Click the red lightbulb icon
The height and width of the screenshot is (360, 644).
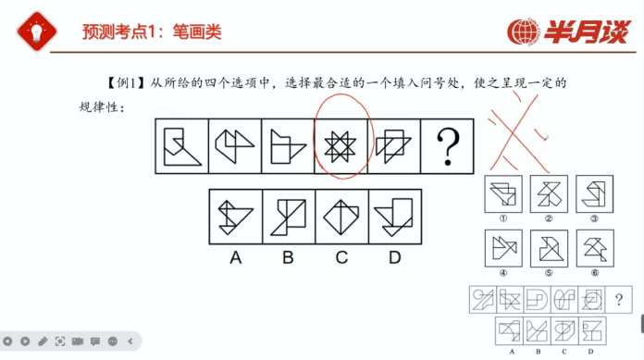[x=37, y=31]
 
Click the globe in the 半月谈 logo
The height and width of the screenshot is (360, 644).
[x=522, y=31]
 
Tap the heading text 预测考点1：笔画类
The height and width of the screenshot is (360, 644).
[x=152, y=31]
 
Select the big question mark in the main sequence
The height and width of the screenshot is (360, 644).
[x=447, y=147]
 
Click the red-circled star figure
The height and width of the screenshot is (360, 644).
[x=341, y=147]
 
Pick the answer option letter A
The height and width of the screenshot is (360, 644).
[x=235, y=257]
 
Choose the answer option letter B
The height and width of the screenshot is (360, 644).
[x=288, y=257]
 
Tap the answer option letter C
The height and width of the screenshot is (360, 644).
[x=341, y=257]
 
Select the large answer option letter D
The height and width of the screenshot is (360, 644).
[x=395, y=257]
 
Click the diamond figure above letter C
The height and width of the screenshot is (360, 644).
[x=341, y=217]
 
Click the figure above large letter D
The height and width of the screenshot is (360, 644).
[x=393, y=217]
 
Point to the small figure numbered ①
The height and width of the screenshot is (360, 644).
[x=503, y=194]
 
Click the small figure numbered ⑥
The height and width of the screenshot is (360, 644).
[x=595, y=248]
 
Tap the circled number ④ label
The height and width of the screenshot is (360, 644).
[x=503, y=273]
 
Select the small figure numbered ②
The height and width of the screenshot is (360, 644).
[x=549, y=194]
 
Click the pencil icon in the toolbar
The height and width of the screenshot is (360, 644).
[x=43, y=341]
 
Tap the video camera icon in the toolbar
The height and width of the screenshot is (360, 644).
[x=78, y=341]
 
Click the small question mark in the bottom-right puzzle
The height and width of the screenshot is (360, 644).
[x=619, y=300]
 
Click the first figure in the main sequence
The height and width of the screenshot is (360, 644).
[x=182, y=147]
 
